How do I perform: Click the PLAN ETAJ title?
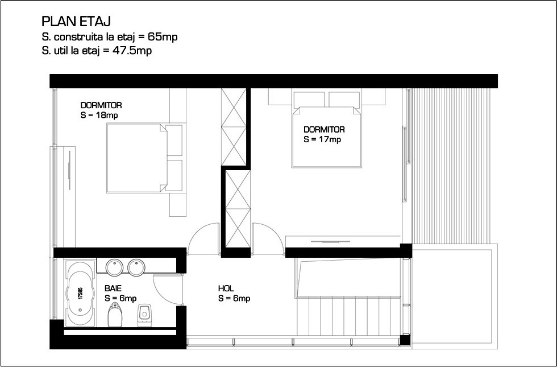76,22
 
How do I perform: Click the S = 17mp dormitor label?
322,139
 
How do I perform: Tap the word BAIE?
113,288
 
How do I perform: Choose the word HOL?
226,288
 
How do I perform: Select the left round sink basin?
114,267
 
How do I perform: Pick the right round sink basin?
136,267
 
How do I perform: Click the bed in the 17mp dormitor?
326,137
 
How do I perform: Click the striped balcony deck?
450,166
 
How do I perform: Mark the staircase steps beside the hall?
350,316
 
